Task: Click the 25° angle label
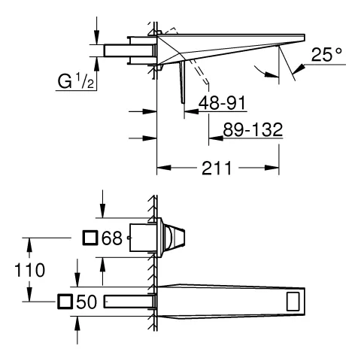326,54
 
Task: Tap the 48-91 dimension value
222,103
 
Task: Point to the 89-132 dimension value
253,129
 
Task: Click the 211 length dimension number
217,168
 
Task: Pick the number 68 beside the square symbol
112,238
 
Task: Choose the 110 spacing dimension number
29,270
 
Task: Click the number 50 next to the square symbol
86,302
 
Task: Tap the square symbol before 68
90,238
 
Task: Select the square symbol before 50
65,302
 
